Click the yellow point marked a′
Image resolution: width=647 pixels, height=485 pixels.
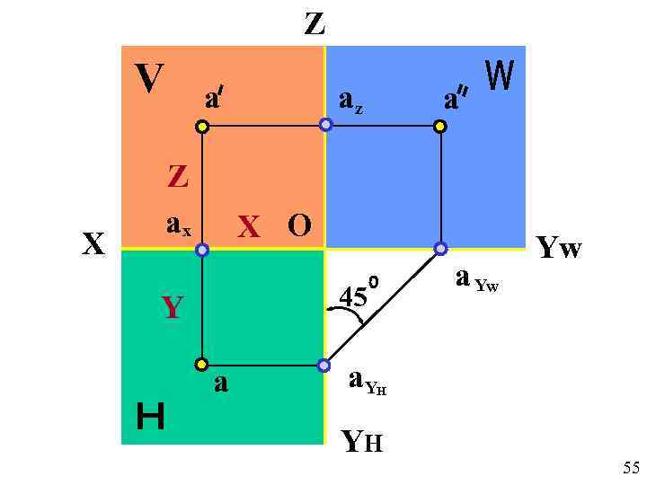[x=203, y=127]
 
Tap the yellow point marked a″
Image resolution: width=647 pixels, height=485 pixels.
[x=439, y=127]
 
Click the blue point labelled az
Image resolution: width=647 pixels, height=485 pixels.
[x=326, y=125]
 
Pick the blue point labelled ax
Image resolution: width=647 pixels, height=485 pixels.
[x=202, y=249]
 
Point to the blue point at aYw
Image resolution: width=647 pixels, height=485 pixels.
[x=440, y=247]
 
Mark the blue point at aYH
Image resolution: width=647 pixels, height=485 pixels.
[x=323, y=366]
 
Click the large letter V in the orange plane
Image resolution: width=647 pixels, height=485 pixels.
[x=149, y=79]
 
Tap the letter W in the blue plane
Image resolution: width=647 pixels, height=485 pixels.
[x=500, y=76]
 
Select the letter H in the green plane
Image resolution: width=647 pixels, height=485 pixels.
[x=150, y=417]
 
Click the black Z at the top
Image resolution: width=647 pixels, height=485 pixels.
[x=315, y=22]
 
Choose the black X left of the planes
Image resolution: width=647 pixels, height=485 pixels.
[x=93, y=243]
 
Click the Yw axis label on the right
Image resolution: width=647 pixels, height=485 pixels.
[x=558, y=247]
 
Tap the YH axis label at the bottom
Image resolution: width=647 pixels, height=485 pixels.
[x=362, y=440]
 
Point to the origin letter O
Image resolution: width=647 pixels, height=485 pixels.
[x=299, y=225]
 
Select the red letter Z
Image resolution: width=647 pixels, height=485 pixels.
[x=178, y=176]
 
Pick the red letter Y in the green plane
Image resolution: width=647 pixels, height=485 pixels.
[x=172, y=308]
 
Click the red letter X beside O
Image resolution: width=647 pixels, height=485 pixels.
[x=249, y=227]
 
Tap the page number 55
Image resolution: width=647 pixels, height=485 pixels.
[x=631, y=467]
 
